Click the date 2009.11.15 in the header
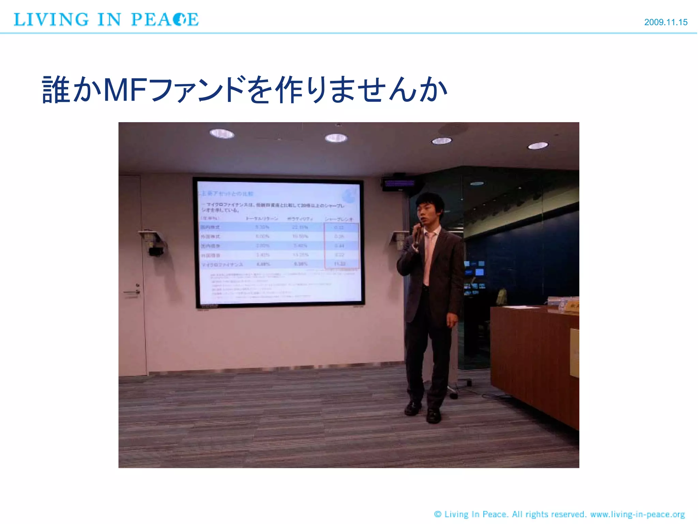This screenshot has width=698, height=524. tap(665, 22)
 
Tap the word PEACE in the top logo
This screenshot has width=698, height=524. tap(165, 19)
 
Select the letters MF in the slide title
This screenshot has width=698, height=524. tap(124, 90)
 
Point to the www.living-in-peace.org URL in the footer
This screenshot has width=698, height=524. tap(637, 514)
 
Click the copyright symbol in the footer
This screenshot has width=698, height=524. tap(438, 514)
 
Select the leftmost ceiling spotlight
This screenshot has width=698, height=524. tap(222, 133)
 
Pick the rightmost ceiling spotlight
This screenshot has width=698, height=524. tap(538, 146)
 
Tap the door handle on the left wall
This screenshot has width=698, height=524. tap(132, 292)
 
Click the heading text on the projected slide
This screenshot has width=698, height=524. tap(226, 194)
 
